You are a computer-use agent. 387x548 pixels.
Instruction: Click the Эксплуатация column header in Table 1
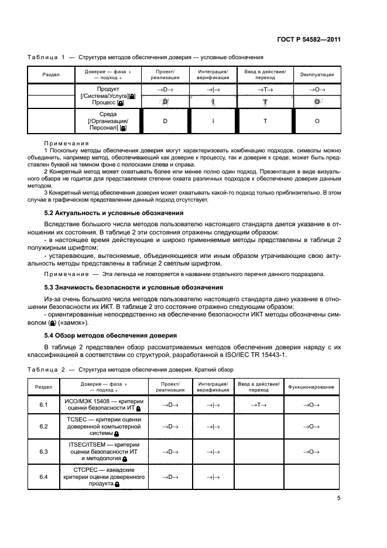(317, 75)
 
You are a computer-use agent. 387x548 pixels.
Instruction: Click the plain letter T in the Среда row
(265, 121)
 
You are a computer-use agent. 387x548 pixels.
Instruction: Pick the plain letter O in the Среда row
(317, 121)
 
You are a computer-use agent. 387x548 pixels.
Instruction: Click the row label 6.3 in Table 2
(43, 452)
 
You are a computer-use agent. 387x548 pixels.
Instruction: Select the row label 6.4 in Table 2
(43, 477)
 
